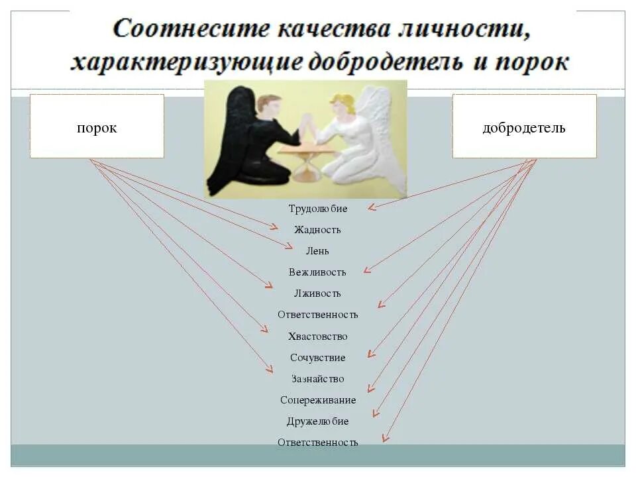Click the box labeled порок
(97, 126)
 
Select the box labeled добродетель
(524, 126)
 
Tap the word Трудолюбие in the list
(318, 209)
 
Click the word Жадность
(317, 230)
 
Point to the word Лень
(317, 251)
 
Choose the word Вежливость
(317, 272)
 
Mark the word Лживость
(317, 293)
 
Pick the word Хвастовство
(317, 337)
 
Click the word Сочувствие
(317, 358)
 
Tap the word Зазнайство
(317, 379)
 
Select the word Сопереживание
(317, 400)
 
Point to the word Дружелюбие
(317, 421)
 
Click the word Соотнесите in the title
(191, 30)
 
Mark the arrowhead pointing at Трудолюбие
(371, 207)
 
